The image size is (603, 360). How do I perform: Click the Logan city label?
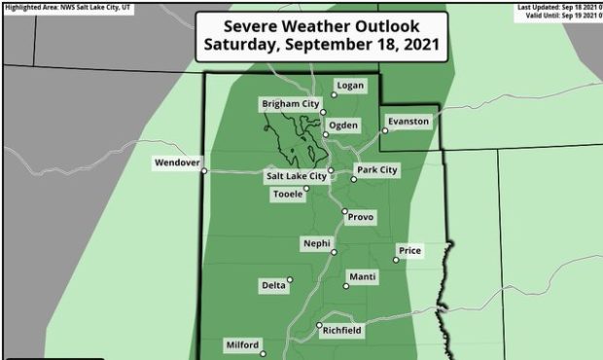350,86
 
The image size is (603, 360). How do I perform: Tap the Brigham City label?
290,104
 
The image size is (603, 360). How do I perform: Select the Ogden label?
344,126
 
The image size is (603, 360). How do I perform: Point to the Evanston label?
408,122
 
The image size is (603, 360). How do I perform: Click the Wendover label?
176,162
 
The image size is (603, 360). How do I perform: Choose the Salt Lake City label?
296,176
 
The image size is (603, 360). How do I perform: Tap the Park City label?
377,170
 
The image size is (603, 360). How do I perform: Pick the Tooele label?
288,194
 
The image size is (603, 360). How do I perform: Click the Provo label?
361,217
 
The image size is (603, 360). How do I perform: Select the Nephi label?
317,243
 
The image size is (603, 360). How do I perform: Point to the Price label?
410,251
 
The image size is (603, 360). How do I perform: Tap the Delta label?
273,285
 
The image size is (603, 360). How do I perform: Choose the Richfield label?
341,331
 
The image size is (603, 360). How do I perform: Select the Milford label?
242,345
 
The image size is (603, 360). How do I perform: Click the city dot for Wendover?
204,171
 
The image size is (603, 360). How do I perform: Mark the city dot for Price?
397,259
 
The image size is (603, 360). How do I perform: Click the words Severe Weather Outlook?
322,24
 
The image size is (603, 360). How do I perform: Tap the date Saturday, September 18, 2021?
322,45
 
